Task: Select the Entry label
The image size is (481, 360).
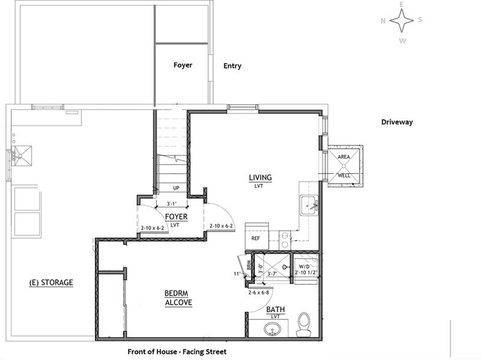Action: (x=232, y=66)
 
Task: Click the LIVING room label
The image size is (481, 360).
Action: (x=260, y=178)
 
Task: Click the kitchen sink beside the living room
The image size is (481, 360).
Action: (x=308, y=205)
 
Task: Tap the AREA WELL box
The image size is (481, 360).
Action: (x=344, y=166)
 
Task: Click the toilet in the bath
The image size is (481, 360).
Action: (x=303, y=324)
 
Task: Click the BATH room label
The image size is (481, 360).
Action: (x=275, y=309)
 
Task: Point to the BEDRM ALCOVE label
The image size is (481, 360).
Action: (x=178, y=298)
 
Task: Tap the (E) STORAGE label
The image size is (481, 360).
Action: (x=51, y=283)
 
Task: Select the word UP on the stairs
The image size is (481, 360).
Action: (x=176, y=188)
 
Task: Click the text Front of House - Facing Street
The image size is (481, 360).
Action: (x=177, y=352)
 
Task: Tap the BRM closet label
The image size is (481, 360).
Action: (x=249, y=266)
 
